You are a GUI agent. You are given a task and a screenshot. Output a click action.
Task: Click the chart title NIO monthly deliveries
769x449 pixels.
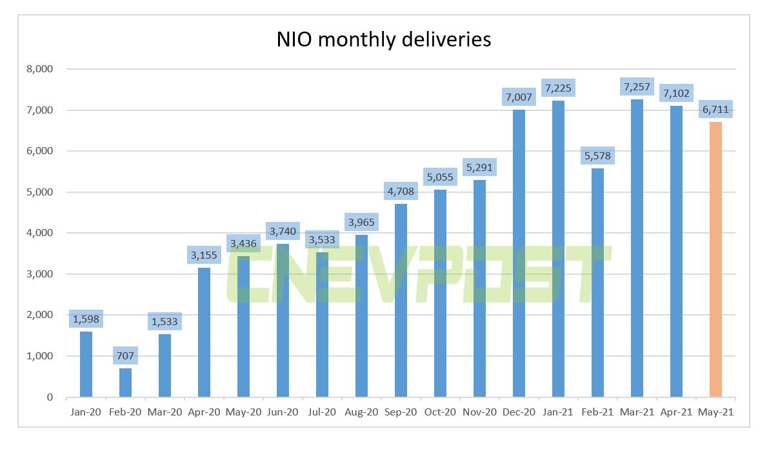(x=384, y=39)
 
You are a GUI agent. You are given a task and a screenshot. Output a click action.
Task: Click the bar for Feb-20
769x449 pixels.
(x=125, y=383)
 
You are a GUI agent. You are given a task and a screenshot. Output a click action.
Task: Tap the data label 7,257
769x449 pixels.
(x=637, y=86)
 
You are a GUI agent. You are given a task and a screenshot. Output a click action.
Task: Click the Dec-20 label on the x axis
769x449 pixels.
(x=518, y=412)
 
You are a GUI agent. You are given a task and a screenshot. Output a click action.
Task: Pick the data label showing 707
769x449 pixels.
(x=125, y=355)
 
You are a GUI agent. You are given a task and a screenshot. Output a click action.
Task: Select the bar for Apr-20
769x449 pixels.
(x=204, y=332)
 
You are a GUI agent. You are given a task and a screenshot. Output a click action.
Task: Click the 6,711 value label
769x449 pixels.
(x=715, y=110)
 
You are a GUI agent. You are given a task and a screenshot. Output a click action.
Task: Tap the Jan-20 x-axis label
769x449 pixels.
(x=86, y=412)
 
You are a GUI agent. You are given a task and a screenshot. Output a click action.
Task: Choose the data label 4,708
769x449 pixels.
(x=401, y=191)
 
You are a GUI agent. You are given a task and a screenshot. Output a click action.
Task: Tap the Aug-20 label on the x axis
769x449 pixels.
(x=361, y=412)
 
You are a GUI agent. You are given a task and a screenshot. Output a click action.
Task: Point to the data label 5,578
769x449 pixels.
(x=597, y=155)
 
